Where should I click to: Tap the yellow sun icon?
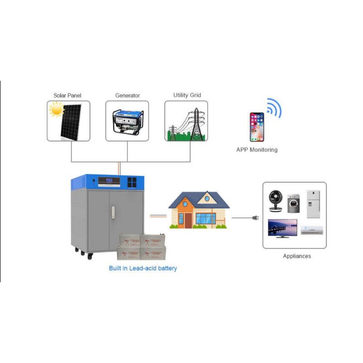coord(57,109)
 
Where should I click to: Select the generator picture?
coord(128,121)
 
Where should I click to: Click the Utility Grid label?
coord(187,95)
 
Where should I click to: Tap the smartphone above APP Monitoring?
coord(256,127)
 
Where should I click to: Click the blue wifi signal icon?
coord(274,108)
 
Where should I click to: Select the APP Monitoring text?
coord(257,150)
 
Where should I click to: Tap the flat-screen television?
coord(282,228)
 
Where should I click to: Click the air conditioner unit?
coord(312,230)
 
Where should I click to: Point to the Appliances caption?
coord(297,256)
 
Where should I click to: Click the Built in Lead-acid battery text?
coord(143,268)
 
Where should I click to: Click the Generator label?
coord(128,96)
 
